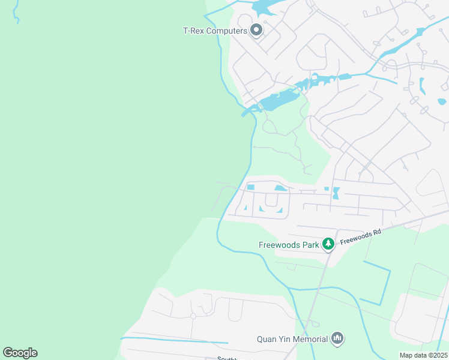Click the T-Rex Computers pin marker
pyautogui.click(x=256, y=30)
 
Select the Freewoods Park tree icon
pyautogui.click(x=328, y=244)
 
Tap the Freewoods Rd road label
pyautogui.click(x=361, y=236)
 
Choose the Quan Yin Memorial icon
pyautogui.click(x=338, y=339)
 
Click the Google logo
pyautogui.click(x=20, y=353)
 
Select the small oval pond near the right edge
pyautogui.click(x=442, y=101)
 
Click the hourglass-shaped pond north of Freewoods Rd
pyautogui.click(x=336, y=193)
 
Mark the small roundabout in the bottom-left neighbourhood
pyautogui.click(x=193, y=316)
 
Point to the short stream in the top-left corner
pyautogui.click(x=16, y=12)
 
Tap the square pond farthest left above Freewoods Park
pyautogui.click(x=251, y=188)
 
